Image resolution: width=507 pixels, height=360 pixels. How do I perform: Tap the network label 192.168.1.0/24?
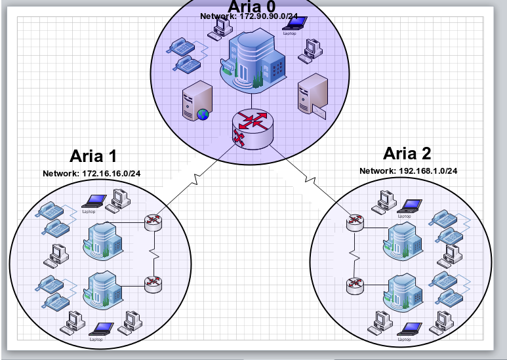point(409,170)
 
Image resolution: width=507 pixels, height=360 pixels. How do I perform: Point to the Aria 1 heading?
point(93,156)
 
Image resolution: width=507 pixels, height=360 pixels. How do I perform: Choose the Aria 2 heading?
point(407,153)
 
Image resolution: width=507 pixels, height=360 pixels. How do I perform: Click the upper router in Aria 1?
point(153,221)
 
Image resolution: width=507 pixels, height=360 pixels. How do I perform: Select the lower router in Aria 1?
point(153,283)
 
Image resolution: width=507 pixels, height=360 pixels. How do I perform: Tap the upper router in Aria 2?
point(355,222)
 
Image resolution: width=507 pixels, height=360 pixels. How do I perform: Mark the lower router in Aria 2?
point(355,285)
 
